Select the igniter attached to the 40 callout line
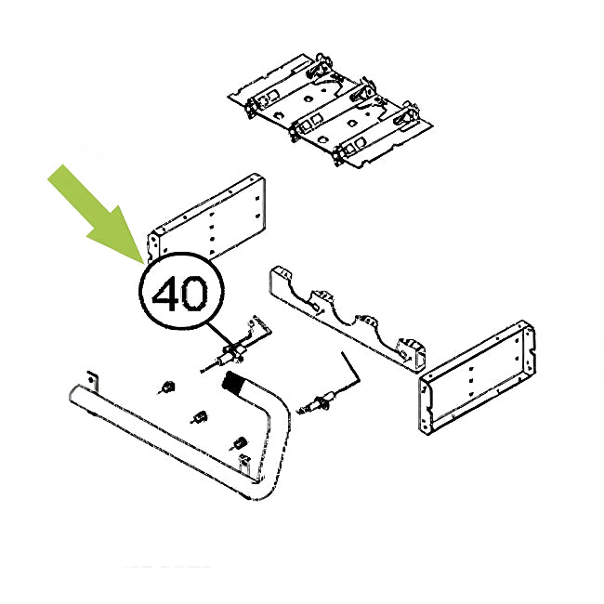(x=231, y=352)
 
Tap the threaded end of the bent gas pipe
(x=234, y=381)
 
